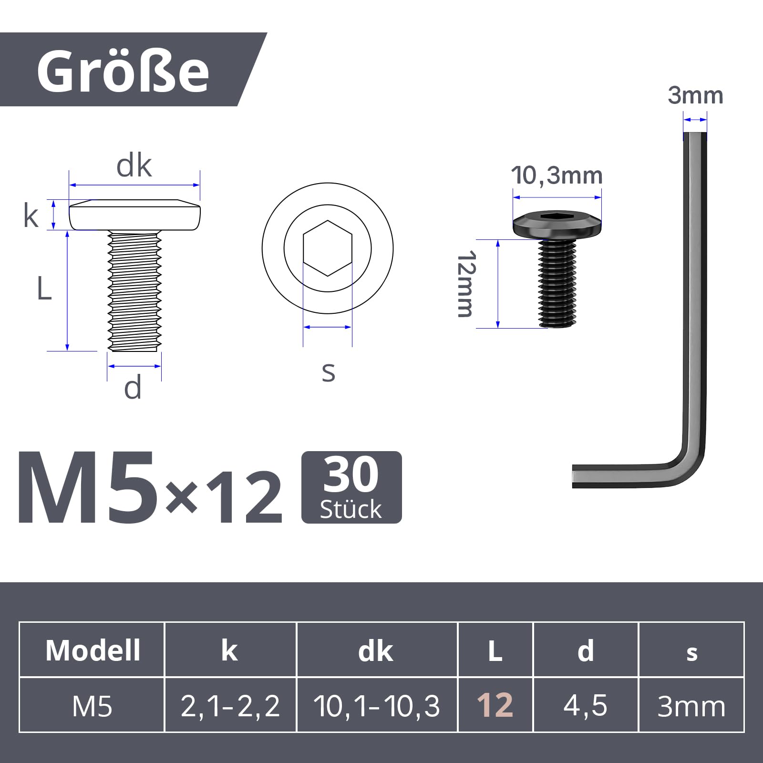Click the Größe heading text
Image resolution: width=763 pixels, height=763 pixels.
click(x=123, y=72)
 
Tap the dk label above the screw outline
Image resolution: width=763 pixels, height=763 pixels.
click(x=134, y=166)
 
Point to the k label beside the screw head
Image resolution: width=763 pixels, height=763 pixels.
click(x=31, y=215)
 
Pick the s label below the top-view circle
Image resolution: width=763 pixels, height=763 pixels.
click(x=328, y=372)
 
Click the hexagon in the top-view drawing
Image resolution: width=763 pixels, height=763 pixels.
click(x=328, y=248)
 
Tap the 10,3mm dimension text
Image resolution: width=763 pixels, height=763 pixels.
click(x=557, y=175)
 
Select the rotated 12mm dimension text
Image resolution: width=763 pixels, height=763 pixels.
click(x=466, y=284)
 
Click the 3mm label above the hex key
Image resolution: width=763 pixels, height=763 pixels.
click(x=695, y=95)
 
